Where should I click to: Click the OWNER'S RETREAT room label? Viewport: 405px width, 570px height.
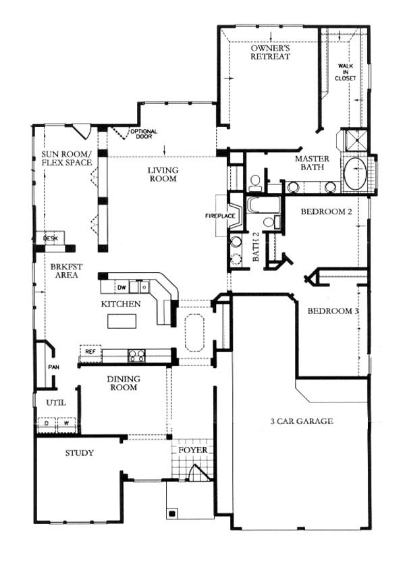click(271, 53)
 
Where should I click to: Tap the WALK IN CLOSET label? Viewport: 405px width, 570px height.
click(346, 72)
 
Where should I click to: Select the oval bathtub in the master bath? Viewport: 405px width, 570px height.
click(355, 174)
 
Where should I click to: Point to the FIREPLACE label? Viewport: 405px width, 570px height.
click(220, 216)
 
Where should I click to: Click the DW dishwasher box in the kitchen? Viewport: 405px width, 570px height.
click(122, 288)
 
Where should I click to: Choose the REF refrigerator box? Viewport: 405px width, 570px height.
click(90, 352)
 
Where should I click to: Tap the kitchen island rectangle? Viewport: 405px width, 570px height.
click(122, 321)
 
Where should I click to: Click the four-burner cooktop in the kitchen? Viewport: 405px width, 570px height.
click(136, 355)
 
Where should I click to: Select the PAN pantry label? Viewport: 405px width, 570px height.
click(54, 367)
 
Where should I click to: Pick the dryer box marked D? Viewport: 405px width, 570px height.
click(47, 424)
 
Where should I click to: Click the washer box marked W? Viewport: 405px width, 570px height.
click(67, 424)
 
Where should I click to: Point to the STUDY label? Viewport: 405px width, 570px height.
click(80, 453)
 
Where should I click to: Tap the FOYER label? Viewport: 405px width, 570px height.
click(193, 450)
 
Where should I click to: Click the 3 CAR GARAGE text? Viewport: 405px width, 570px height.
click(302, 421)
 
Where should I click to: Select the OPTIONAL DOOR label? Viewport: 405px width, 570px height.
click(144, 134)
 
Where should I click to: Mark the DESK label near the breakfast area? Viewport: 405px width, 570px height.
click(51, 238)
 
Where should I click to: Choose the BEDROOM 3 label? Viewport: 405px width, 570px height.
click(333, 311)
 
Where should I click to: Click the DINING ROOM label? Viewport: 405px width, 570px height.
click(124, 383)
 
